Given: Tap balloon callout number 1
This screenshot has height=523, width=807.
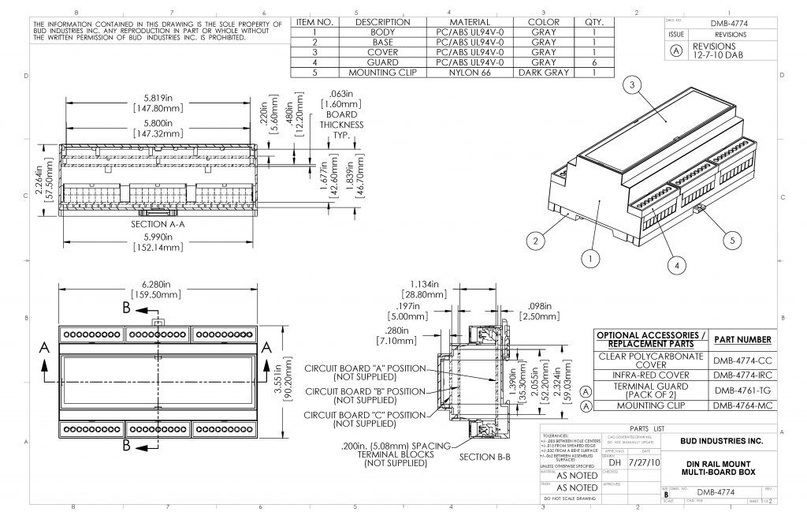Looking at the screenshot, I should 588,256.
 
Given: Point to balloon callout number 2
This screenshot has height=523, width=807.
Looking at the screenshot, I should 536,240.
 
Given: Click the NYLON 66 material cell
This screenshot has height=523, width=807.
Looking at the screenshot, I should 470,72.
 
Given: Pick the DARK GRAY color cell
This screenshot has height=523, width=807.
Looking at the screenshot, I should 544,72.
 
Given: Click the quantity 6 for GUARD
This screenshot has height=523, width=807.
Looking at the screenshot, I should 593,62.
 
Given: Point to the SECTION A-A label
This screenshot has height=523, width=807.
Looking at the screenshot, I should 157,224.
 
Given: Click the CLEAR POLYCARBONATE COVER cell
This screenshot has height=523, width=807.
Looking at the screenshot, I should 651,360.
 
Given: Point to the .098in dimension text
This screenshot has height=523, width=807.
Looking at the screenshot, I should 538,309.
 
